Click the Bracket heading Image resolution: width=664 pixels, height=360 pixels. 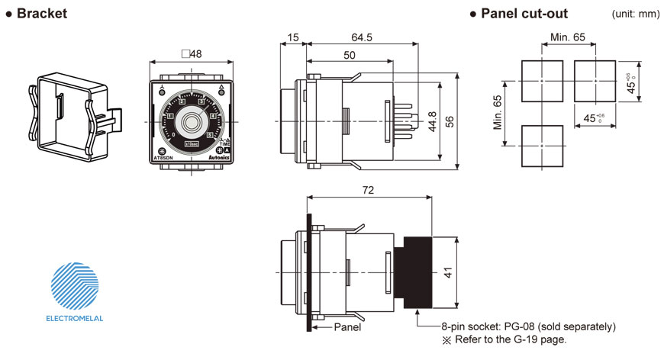[x=42, y=14]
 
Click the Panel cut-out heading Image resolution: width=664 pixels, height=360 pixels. [x=523, y=14]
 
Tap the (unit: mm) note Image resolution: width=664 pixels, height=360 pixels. [x=634, y=14]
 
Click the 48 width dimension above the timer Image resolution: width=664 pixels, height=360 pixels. [x=192, y=54]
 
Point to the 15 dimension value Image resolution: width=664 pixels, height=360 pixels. [x=294, y=37]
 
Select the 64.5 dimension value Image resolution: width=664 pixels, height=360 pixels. [x=362, y=37]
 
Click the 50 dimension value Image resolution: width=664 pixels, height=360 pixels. [x=349, y=56]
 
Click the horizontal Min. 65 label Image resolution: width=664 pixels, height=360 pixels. [x=568, y=37]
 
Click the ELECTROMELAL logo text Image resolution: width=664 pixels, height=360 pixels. [x=75, y=318]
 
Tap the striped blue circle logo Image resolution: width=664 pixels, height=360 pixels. [x=75, y=286]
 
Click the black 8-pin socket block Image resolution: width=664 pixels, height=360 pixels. [x=417, y=273]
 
